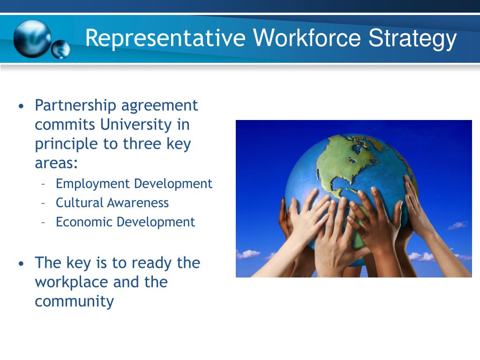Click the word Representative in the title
165,39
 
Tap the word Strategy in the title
412,39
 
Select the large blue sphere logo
31,38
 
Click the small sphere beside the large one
60,50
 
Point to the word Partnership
75,105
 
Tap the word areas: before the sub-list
56,163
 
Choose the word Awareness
138,202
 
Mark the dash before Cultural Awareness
43,203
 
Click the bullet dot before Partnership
21,106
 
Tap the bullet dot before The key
21,263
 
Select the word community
74,301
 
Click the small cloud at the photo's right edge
457,225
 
